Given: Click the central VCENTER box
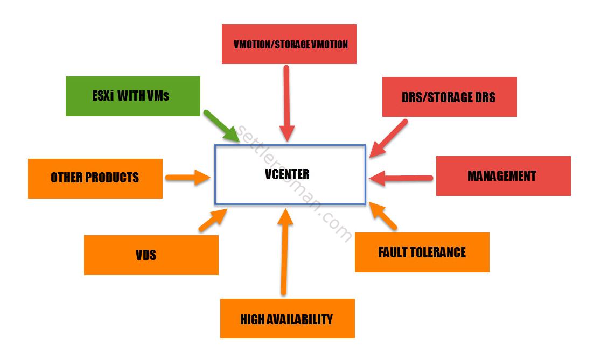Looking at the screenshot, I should click(x=290, y=174).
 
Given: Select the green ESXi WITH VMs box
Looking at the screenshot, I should click(x=132, y=96).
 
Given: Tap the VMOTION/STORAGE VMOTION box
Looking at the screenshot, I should click(x=289, y=44).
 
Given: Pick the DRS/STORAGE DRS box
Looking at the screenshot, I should click(x=449, y=97).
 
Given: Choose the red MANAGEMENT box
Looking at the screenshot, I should click(x=503, y=176).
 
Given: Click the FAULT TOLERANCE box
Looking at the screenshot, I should click(x=422, y=252).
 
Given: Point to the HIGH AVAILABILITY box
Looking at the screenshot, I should click(x=287, y=319).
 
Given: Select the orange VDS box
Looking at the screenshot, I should click(x=151, y=255).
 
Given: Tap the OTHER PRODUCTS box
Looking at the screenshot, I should click(x=95, y=178).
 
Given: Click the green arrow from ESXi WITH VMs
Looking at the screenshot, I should click(x=221, y=125).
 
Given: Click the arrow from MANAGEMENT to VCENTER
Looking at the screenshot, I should click(x=401, y=177).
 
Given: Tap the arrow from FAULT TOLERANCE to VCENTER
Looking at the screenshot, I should click(x=383, y=217).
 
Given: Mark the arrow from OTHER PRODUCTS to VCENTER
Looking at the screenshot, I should click(x=187, y=177).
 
